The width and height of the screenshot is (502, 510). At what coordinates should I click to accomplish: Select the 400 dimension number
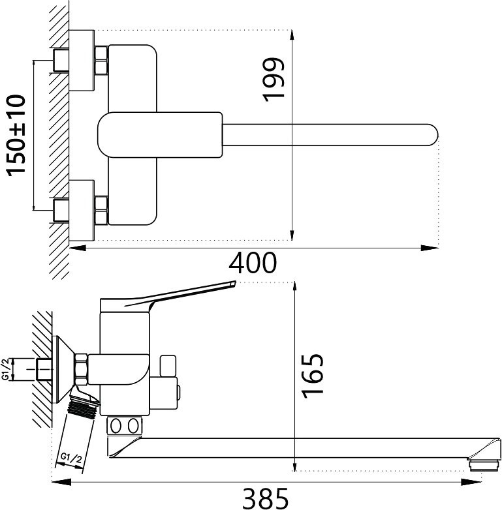tap(253, 263)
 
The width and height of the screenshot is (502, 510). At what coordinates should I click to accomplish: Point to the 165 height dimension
tap(313, 374)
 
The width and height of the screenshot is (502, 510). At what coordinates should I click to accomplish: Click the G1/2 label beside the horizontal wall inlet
tap(6, 369)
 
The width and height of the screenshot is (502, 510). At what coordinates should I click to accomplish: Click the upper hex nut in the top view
tap(101, 60)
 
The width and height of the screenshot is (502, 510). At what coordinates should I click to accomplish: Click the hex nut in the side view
tap(82, 368)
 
